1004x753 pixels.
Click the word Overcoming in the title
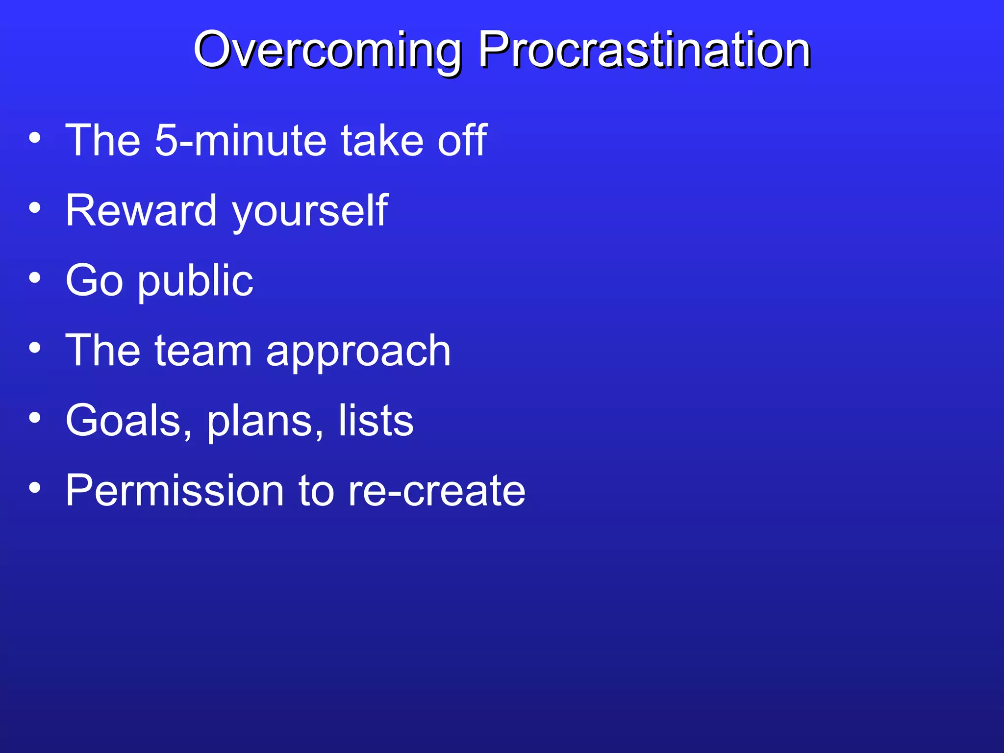coord(327,50)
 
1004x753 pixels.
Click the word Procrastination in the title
coord(644,50)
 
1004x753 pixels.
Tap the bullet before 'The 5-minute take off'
coord(35,138)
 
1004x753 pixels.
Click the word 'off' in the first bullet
coord(462,141)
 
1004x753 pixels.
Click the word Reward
coord(141,211)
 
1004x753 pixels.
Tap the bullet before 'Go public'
coord(35,278)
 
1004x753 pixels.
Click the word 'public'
coord(195,282)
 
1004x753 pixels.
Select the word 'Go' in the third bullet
coord(94,281)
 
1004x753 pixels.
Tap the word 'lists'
coord(376,421)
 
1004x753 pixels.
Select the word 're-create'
coord(436,492)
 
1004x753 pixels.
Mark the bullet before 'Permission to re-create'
coord(35,488)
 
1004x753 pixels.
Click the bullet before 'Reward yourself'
coord(35,208)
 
